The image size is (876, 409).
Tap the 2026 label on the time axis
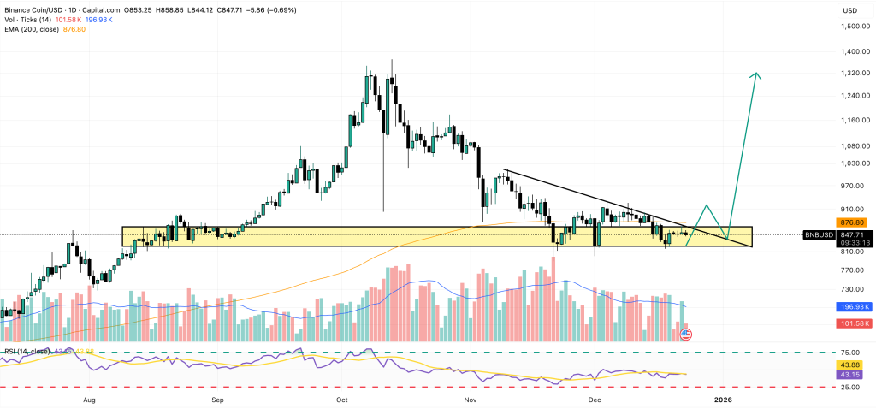pyautogui.click(x=723, y=400)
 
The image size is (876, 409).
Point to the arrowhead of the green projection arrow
pyautogui.click(x=755, y=75)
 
